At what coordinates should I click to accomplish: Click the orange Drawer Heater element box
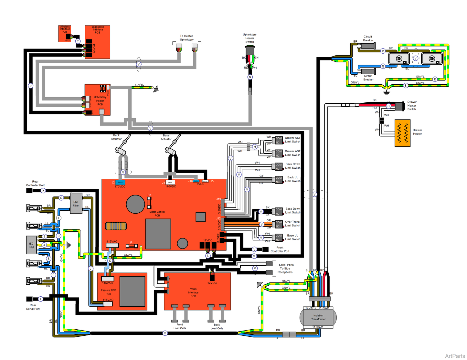click(x=402, y=133)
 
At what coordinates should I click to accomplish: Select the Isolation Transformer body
click(x=318, y=317)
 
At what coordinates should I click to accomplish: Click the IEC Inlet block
click(x=31, y=245)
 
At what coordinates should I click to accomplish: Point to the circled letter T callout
click(x=78, y=41)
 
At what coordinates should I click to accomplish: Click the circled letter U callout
click(x=31, y=86)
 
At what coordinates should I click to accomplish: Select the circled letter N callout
click(x=250, y=77)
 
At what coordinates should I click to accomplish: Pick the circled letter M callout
click(x=255, y=147)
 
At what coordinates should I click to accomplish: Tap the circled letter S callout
click(x=406, y=86)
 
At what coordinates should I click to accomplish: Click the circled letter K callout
click(x=110, y=261)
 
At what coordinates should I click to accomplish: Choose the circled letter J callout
click(x=91, y=269)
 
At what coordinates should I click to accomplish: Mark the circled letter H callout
click(x=43, y=191)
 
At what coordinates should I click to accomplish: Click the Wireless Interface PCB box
click(x=65, y=33)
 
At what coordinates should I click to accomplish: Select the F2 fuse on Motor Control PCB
click(x=149, y=202)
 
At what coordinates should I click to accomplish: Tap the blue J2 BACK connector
click(x=120, y=182)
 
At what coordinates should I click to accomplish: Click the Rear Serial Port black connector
click(x=29, y=299)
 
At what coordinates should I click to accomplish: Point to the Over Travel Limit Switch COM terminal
click(x=279, y=222)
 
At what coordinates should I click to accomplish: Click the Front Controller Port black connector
click(x=265, y=249)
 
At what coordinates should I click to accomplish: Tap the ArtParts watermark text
click(x=455, y=356)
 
